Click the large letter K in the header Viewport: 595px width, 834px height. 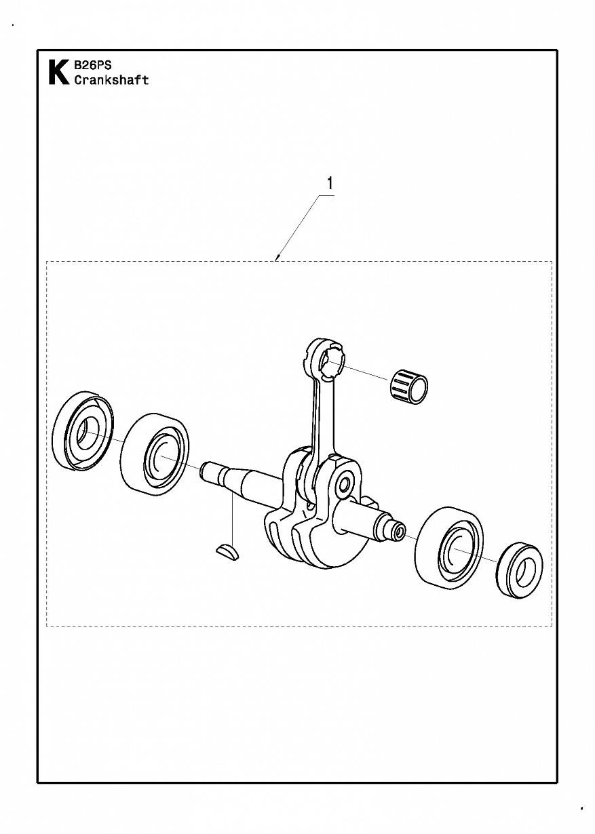58,72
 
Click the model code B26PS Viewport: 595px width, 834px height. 93,66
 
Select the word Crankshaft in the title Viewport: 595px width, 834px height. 111,80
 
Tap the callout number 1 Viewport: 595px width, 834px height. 330,183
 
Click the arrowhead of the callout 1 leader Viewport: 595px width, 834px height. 277,258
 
